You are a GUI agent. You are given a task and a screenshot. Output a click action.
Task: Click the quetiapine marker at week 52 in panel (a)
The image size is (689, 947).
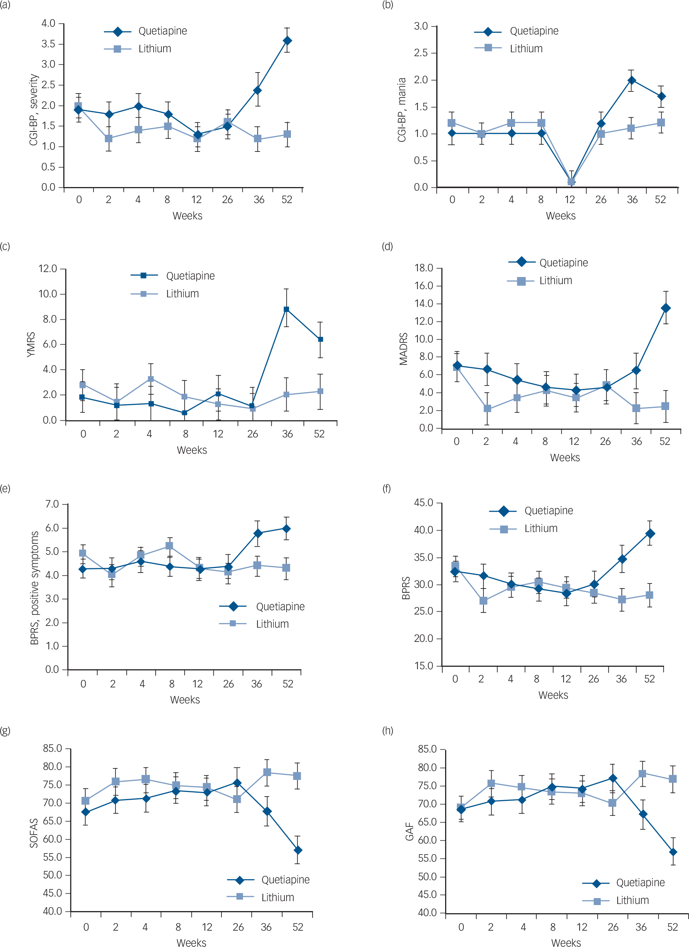tap(287, 41)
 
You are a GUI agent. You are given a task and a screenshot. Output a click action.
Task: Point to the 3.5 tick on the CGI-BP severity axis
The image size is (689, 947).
tap(48, 44)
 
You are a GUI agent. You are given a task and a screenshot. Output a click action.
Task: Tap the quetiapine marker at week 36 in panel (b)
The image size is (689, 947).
tap(631, 80)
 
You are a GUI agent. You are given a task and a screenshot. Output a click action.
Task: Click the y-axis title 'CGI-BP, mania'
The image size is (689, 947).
tap(401, 110)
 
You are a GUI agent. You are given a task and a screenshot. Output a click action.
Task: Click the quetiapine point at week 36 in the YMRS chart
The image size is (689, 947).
tap(286, 309)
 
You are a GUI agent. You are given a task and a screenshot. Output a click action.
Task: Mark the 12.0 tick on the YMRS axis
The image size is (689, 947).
tap(48, 268)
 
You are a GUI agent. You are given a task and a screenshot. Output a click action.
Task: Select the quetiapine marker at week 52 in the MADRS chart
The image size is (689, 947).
tap(666, 308)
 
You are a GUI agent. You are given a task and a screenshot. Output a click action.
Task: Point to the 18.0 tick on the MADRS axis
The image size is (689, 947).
tap(423, 268)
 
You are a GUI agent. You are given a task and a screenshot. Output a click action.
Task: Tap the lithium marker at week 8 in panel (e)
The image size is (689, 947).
tap(170, 546)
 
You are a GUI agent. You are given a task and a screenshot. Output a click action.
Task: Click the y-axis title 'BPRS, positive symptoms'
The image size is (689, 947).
tap(34, 588)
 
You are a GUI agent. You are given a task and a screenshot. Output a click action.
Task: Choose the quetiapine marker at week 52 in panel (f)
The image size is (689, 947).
tap(650, 534)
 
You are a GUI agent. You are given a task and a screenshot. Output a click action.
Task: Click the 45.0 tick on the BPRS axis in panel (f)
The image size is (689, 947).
tap(423, 503)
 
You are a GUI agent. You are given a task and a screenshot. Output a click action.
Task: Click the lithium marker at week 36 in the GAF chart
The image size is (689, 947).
tap(642, 774)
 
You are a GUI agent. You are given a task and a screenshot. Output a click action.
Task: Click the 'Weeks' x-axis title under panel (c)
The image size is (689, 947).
tap(192, 450)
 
